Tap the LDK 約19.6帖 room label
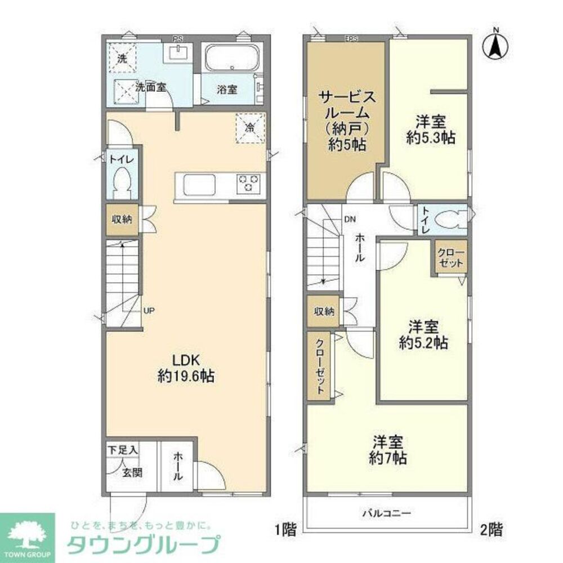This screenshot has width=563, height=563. pyautogui.click(x=185, y=369)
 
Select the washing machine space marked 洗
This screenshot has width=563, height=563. pyautogui.click(x=122, y=59)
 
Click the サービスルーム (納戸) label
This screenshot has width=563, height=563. pyautogui.click(x=346, y=121)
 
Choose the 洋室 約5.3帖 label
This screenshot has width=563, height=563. pyautogui.click(x=431, y=129)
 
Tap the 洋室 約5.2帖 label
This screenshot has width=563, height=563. pyautogui.click(x=424, y=334)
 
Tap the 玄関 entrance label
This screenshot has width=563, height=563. pyautogui.click(x=132, y=472)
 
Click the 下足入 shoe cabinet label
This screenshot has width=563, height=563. pyautogui.click(x=122, y=450)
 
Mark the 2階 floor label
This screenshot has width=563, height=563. pyautogui.click(x=491, y=529)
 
